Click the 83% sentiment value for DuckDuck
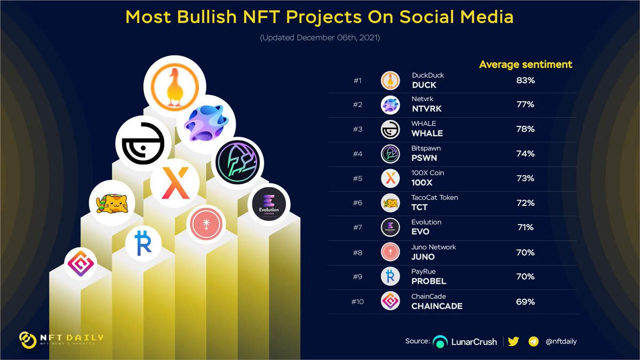(x=525, y=80)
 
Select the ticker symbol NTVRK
(x=428, y=109)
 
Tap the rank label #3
(x=357, y=130)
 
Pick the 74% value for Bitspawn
(x=525, y=154)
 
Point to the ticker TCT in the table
(x=420, y=207)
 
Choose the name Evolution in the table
(x=427, y=222)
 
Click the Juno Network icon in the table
(x=390, y=252)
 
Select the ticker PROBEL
(x=429, y=281)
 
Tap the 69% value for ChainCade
(x=525, y=301)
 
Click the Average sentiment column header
(x=525, y=65)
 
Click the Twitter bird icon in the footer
(x=514, y=341)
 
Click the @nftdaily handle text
(x=561, y=341)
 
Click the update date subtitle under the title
(x=319, y=38)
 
